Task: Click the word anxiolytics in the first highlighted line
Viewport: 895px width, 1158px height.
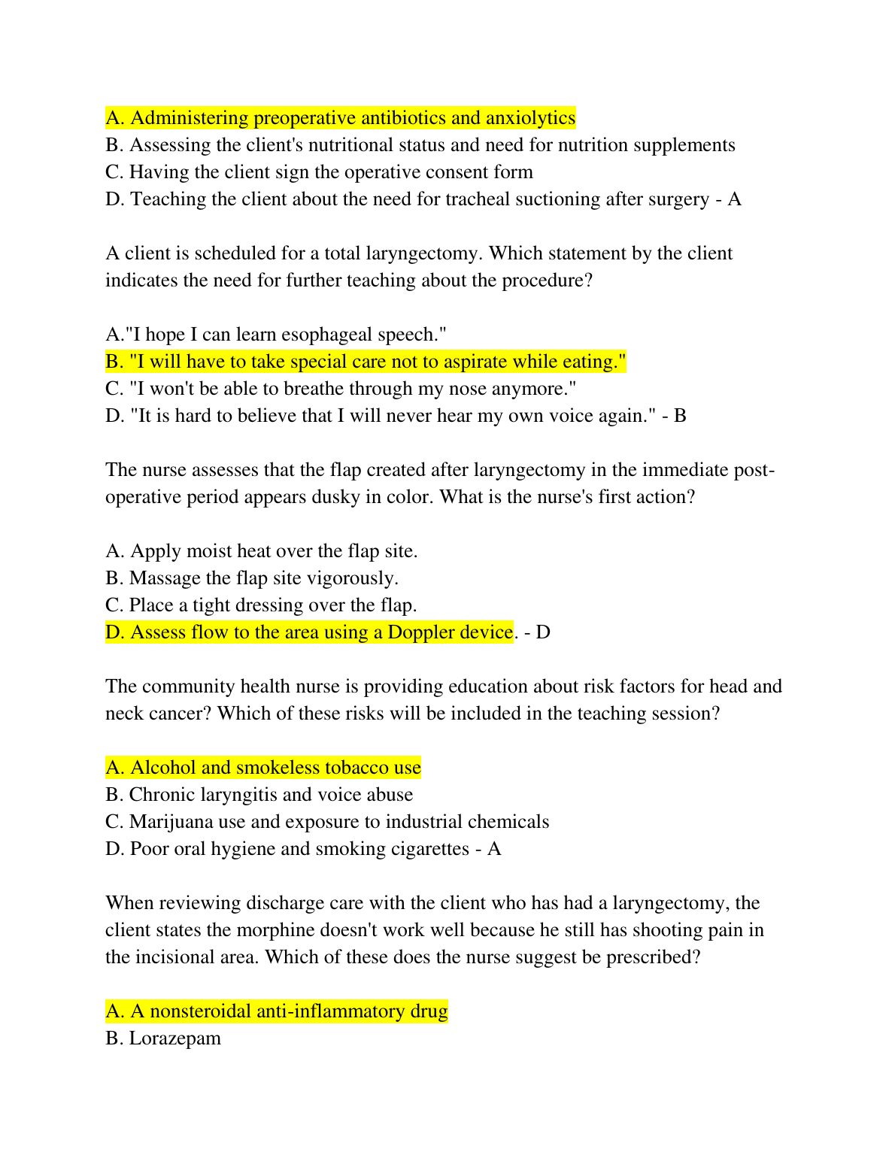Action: (x=530, y=118)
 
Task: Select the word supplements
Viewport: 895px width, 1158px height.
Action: (x=684, y=145)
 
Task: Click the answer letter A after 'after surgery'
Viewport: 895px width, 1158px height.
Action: (x=735, y=199)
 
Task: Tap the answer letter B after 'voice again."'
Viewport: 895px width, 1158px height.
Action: (x=680, y=416)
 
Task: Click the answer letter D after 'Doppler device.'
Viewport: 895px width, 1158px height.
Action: (x=543, y=632)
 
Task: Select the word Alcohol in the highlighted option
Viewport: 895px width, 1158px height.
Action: (x=163, y=768)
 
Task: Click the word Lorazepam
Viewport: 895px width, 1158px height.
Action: (x=175, y=1038)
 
